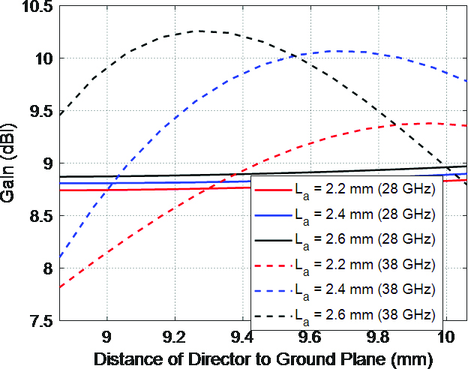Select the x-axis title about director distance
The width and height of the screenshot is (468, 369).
pos(263,358)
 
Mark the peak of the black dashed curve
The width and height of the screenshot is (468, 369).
pos(201,31)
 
